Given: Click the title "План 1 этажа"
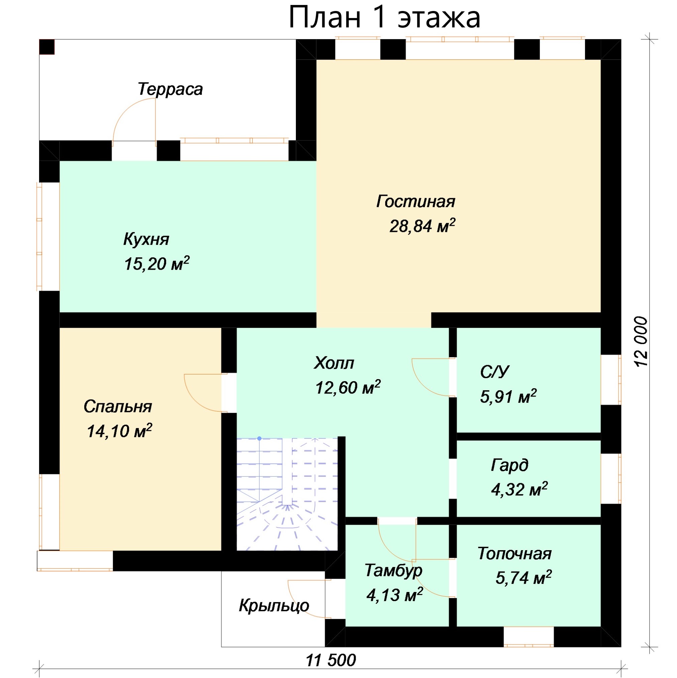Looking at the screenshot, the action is coord(384,17).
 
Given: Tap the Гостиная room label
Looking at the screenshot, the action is coord(416,202).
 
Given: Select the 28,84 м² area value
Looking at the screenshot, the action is coord(422,226).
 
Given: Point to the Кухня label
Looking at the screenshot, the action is coord(146,239).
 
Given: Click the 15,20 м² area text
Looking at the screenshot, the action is coord(157,264).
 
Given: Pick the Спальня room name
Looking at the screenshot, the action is coord(118,407).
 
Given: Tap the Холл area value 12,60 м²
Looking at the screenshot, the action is coord(348,388).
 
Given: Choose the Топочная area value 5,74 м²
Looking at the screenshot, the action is coord(524,577).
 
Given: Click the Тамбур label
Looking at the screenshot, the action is coord(393,570).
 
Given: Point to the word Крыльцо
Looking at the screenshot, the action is coord(274,605).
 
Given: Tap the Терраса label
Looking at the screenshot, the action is coord(171,89).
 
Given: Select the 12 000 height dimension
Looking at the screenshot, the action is coord(641,341).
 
